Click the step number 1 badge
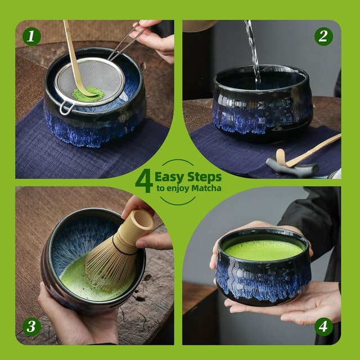pyautogui.click(x=31, y=37)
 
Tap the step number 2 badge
pyautogui.click(x=323, y=37)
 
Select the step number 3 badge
pyautogui.click(x=31, y=327)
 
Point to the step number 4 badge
pyautogui.click(x=323, y=326)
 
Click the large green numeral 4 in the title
pyautogui.click(x=143, y=181)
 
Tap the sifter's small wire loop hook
pyautogui.click(x=65, y=107)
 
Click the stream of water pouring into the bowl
pyautogui.click(x=253, y=51)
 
